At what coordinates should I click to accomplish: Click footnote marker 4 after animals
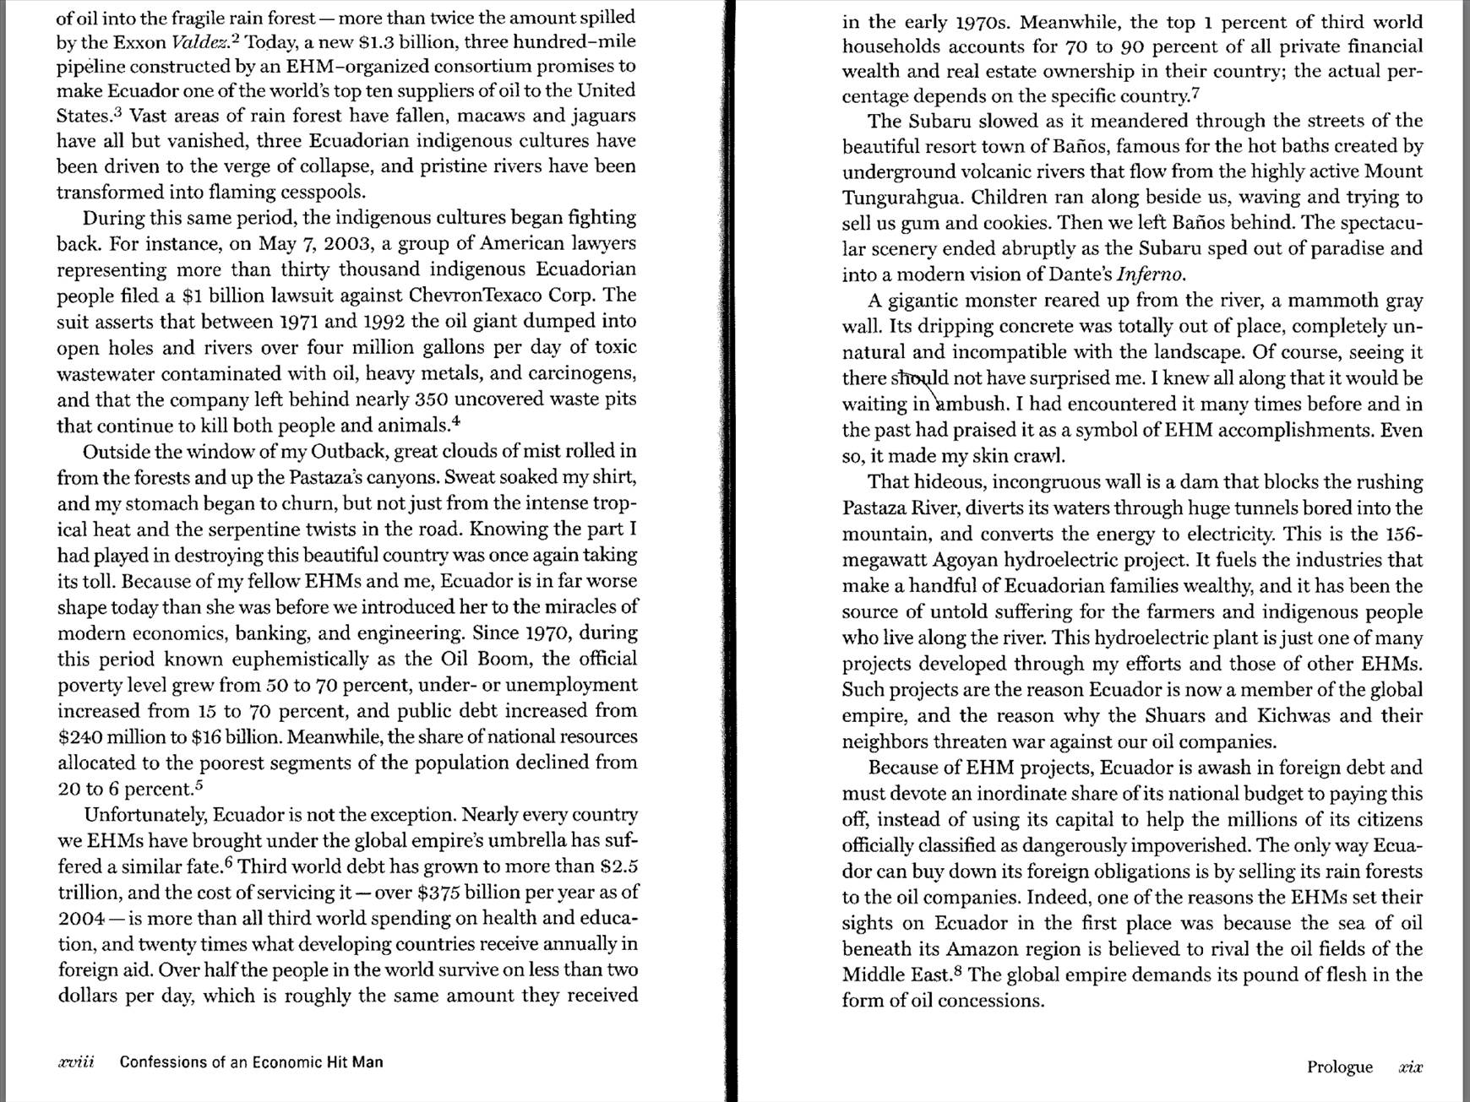point(455,420)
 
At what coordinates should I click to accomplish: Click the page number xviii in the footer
point(75,1062)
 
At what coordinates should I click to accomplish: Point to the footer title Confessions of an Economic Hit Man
point(251,1062)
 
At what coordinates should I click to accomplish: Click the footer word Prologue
point(1339,1067)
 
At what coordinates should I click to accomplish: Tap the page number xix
point(1410,1067)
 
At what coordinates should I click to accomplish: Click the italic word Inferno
point(1150,274)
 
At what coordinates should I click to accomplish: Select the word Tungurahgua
point(902,198)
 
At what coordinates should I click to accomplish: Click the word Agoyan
point(964,560)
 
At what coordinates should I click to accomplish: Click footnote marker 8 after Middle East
point(957,970)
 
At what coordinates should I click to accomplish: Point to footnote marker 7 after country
point(1195,92)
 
